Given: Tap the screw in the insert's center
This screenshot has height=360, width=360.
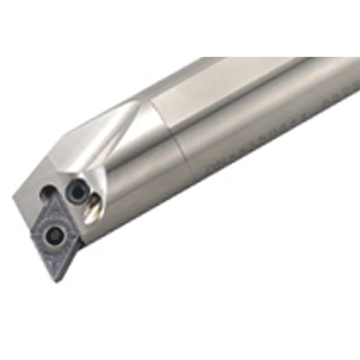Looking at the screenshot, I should (x=56, y=235).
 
